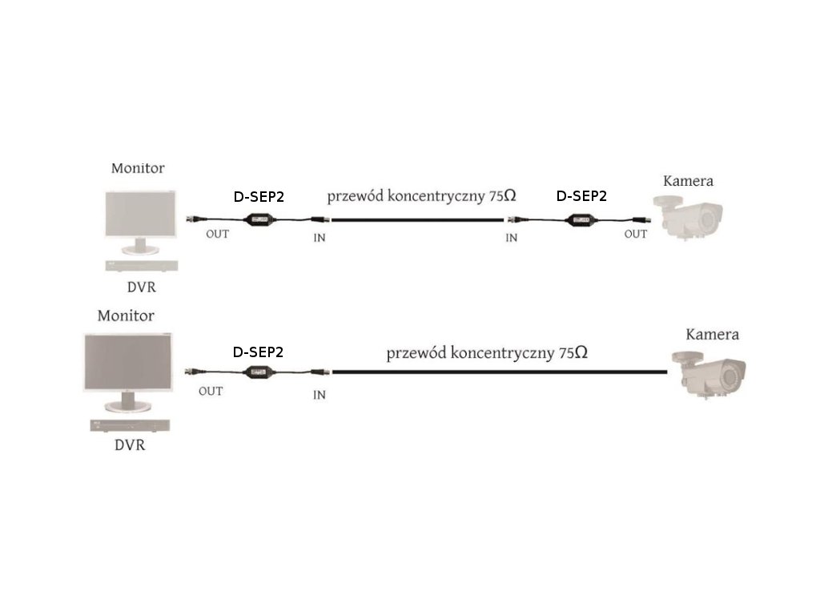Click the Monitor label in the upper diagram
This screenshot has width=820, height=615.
pyautogui.click(x=138, y=168)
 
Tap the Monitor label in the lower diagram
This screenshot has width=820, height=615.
pyautogui.click(x=126, y=316)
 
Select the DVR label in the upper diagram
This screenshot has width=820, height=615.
pyautogui.click(x=142, y=287)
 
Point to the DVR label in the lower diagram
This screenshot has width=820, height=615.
pyautogui.click(x=129, y=444)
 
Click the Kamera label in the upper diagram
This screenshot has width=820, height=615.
pyautogui.click(x=688, y=181)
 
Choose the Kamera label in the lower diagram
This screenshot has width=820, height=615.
pyautogui.click(x=712, y=334)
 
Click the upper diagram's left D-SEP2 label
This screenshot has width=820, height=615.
pyautogui.click(x=259, y=197)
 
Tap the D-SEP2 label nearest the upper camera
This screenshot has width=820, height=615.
pyautogui.click(x=581, y=195)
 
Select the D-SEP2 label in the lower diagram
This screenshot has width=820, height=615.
pyautogui.click(x=258, y=352)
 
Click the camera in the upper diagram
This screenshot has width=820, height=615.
pyautogui.click(x=690, y=214)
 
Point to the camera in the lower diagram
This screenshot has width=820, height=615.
pyautogui.click(x=710, y=372)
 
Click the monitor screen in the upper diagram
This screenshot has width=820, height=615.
pyautogui.click(x=140, y=213)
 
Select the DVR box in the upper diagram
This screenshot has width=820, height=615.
pyautogui.click(x=143, y=266)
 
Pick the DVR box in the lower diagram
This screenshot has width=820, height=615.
pyautogui.click(x=130, y=425)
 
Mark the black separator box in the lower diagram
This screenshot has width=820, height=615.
pyautogui.click(x=259, y=372)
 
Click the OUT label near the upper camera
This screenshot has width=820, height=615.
pyautogui.click(x=636, y=234)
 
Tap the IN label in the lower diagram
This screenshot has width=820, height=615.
pyautogui.click(x=320, y=395)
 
